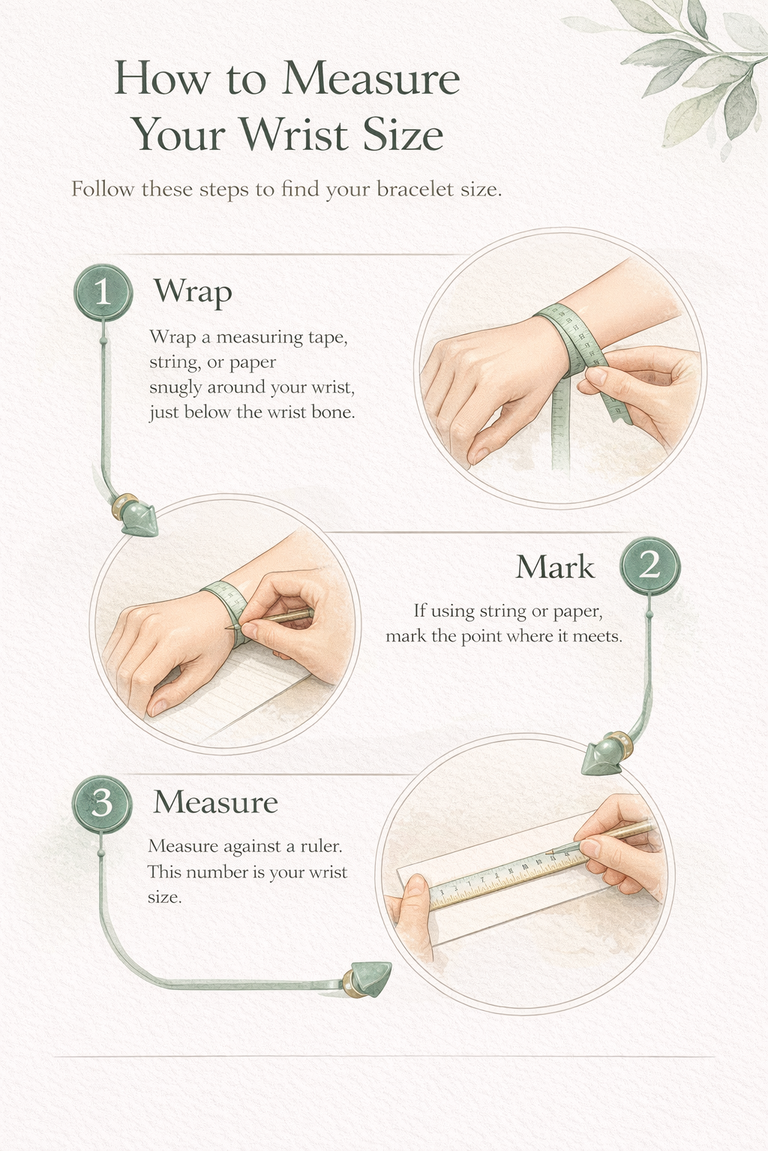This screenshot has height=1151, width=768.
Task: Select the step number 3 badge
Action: pyautogui.click(x=101, y=804)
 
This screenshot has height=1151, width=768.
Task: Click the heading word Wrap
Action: pyautogui.click(x=193, y=291)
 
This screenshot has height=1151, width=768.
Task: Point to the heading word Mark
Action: pyautogui.click(x=555, y=567)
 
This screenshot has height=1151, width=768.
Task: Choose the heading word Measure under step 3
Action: pyautogui.click(x=215, y=803)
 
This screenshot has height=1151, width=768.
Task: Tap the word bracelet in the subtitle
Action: pyautogui.click(x=415, y=189)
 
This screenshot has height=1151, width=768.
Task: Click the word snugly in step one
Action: pyautogui.click(x=175, y=388)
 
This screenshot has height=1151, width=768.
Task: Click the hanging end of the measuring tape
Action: pyautogui.click(x=561, y=442)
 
